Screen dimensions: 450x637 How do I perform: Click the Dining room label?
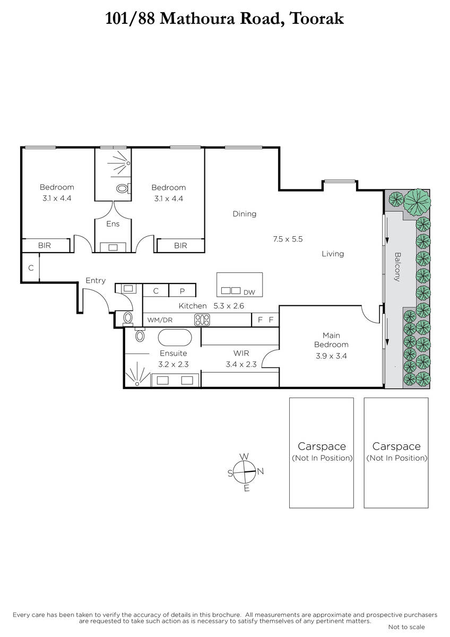(x=245, y=214)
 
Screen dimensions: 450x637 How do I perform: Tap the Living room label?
(x=333, y=254)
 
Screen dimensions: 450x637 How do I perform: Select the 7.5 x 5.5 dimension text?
(x=288, y=239)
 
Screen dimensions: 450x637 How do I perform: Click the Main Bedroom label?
(x=331, y=340)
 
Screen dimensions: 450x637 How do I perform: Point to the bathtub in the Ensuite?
(x=175, y=338)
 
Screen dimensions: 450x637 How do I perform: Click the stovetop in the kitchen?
(x=202, y=320)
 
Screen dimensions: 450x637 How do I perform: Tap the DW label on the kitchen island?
(x=249, y=292)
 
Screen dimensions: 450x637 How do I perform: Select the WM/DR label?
(x=160, y=320)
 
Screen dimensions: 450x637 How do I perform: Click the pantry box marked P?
(x=182, y=290)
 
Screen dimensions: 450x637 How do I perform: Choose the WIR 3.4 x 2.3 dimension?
(x=241, y=364)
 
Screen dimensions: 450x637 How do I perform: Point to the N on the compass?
(x=261, y=471)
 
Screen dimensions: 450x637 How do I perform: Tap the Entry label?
(x=96, y=281)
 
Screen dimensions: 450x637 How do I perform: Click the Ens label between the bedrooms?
(x=113, y=224)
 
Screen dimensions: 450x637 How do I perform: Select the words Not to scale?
(x=406, y=627)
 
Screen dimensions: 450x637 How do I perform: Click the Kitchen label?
(x=193, y=306)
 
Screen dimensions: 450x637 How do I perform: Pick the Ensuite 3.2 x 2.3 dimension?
(x=174, y=364)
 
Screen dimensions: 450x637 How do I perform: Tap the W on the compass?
(x=244, y=457)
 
